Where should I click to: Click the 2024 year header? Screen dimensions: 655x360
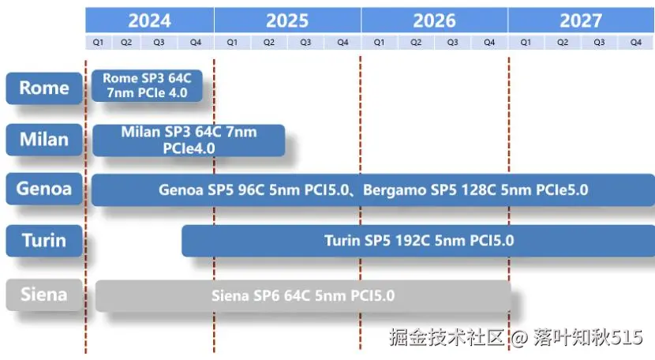coord(150,20)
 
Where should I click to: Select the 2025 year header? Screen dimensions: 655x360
coord(287,20)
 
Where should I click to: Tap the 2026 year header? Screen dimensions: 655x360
coord(435,20)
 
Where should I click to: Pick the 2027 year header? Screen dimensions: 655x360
coord(581,20)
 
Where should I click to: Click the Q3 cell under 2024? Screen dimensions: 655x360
coord(159,42)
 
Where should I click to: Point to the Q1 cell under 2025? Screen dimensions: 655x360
coord(232,42)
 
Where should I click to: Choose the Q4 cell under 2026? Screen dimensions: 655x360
coord(489,42)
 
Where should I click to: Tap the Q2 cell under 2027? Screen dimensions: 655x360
coord(563,42)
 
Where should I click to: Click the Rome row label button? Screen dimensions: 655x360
coord(44,88)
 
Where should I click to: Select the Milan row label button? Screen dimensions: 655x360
coord(44,140)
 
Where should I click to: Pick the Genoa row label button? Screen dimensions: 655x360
coord(44,189)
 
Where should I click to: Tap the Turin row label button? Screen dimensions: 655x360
coord(44,241)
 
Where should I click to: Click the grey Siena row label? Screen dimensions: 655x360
coord(44,294)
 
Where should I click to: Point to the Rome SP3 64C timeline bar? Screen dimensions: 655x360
coord(147,86)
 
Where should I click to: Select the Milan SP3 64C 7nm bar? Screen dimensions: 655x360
coord(189,141)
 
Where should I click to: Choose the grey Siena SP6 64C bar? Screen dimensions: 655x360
coord(303,296)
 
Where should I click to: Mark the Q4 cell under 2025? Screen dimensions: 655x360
coord(342,42)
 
